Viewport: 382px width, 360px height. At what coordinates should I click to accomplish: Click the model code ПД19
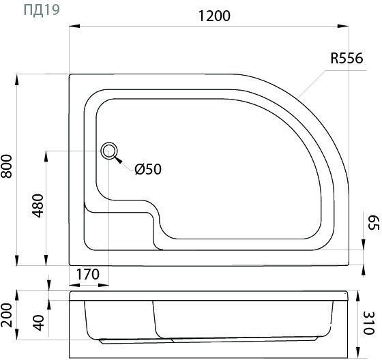[42, 10]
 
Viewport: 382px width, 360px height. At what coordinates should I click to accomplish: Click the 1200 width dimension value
[214, 16]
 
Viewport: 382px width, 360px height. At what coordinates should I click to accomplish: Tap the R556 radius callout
[347, 59]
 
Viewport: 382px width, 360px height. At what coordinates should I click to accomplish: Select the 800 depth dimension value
[7, 166]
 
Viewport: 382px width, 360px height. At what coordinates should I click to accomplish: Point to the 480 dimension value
[38, 206]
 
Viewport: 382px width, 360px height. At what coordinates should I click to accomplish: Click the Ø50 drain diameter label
[148, 169]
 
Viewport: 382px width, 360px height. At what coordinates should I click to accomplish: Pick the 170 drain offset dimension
[88, 274]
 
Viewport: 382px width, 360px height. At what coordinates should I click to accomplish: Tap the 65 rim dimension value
[373, 223]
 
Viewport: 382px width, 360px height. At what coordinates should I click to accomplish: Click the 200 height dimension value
[7, 315]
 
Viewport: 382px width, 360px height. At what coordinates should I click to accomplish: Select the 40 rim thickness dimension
[38, 323]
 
